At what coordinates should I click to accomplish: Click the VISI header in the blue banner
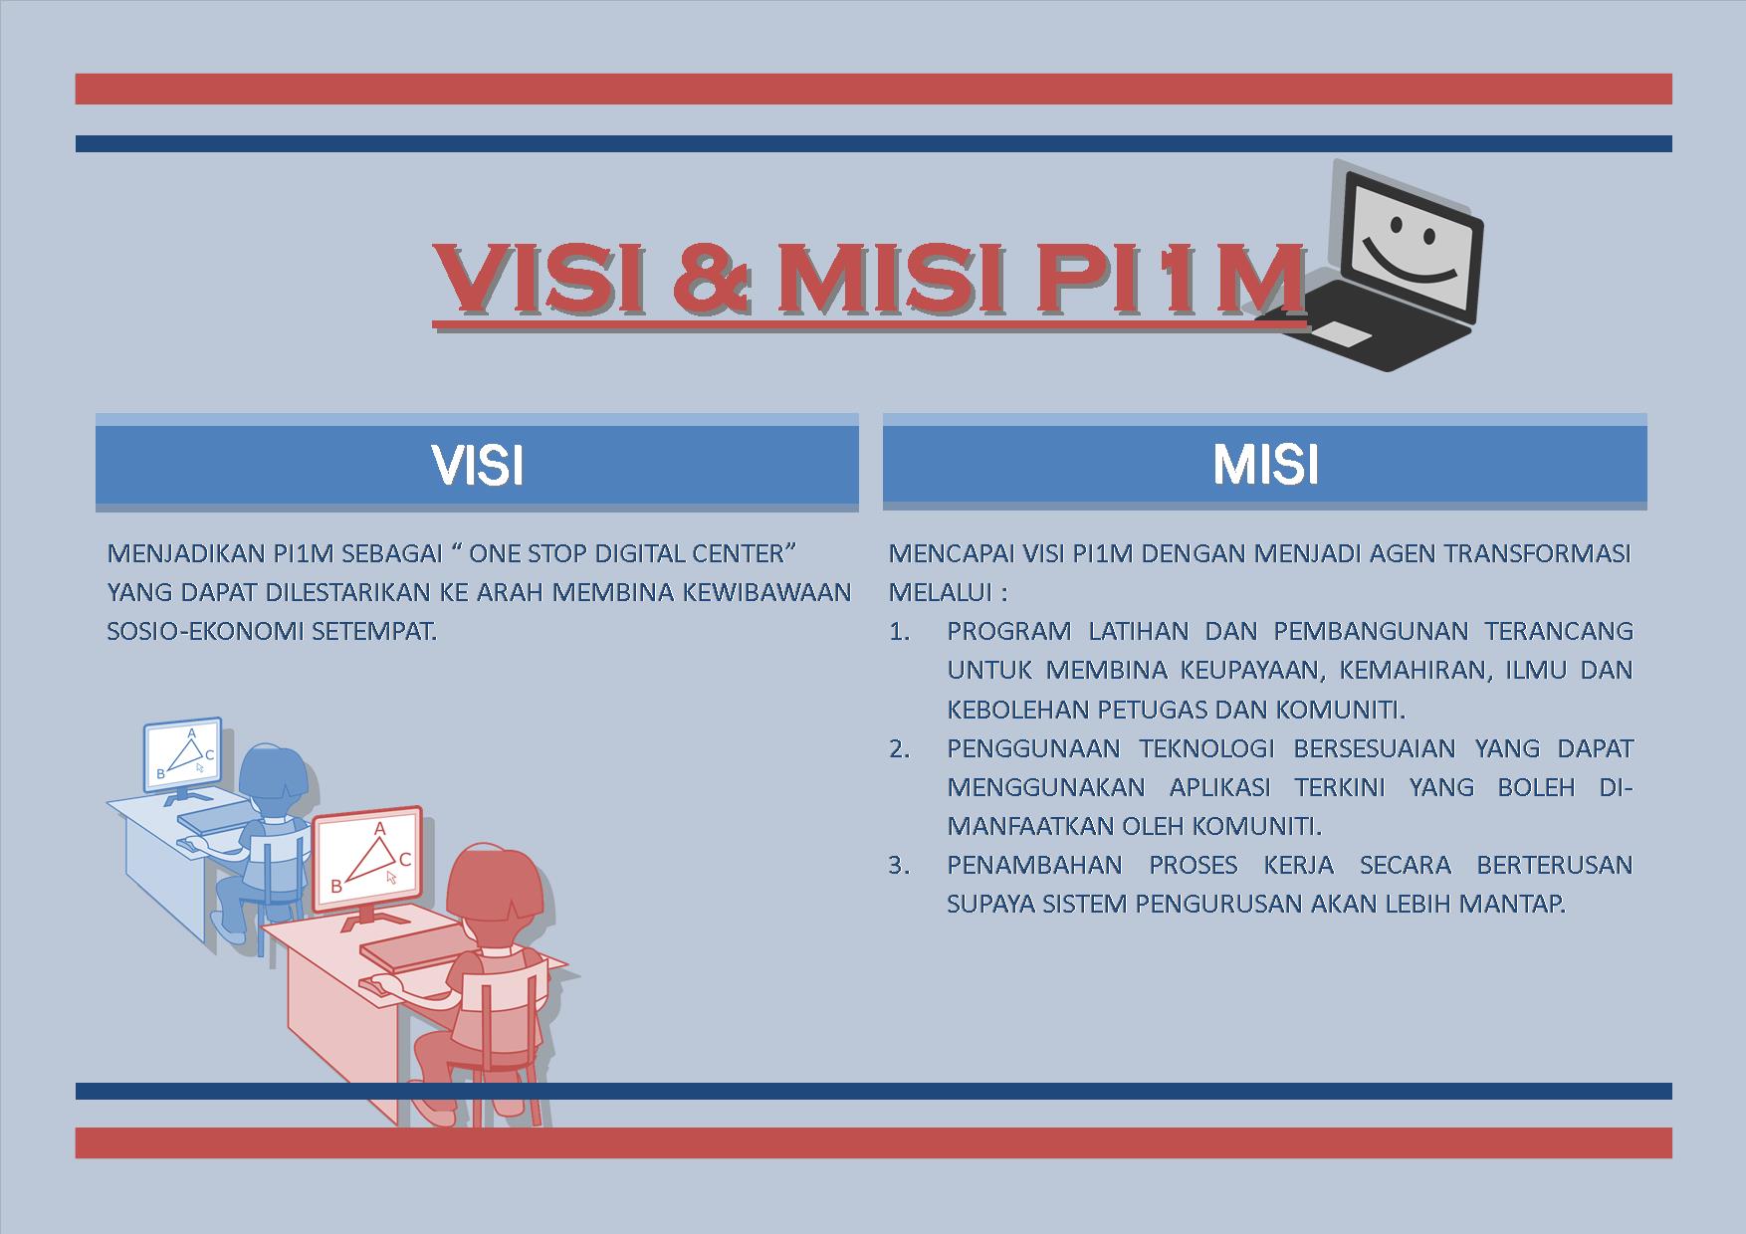477,465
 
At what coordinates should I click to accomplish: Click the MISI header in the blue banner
1265,465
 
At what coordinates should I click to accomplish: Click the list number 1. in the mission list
900,632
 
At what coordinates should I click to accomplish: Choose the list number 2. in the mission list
900,748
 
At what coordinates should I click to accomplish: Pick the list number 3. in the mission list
900,865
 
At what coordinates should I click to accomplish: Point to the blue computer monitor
182,756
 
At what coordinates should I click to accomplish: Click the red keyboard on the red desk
408,953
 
